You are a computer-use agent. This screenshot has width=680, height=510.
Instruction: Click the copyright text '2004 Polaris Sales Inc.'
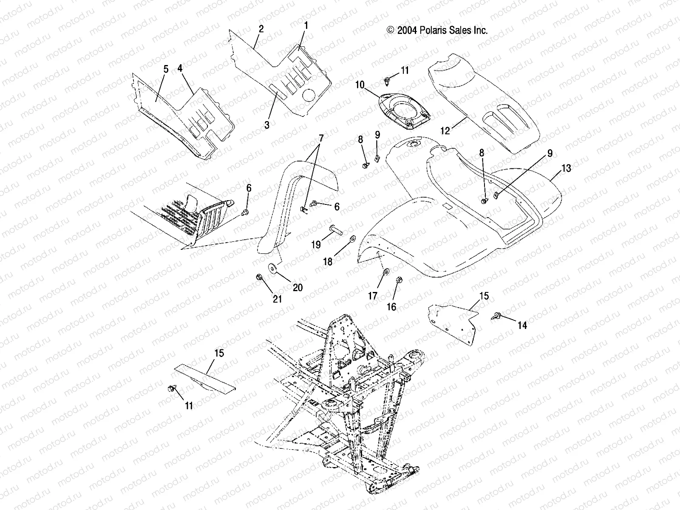(437, 30)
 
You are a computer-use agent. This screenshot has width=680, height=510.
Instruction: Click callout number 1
(306, 25)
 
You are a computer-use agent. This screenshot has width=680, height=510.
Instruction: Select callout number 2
(261, 29)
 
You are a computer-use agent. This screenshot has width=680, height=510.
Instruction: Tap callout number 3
(267, 125)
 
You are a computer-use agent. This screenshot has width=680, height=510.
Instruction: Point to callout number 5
(166, 69)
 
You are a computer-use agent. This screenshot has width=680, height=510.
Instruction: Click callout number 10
(360, 85)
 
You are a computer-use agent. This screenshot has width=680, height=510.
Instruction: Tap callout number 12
(445, 131)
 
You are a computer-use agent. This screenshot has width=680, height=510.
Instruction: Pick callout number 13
(566, 168)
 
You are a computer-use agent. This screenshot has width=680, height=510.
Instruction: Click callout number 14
(522, 325)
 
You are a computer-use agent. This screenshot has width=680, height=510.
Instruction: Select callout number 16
(391, 306)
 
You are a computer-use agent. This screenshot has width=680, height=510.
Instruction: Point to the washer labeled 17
(386, 272)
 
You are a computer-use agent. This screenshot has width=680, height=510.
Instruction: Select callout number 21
(277, 299)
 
